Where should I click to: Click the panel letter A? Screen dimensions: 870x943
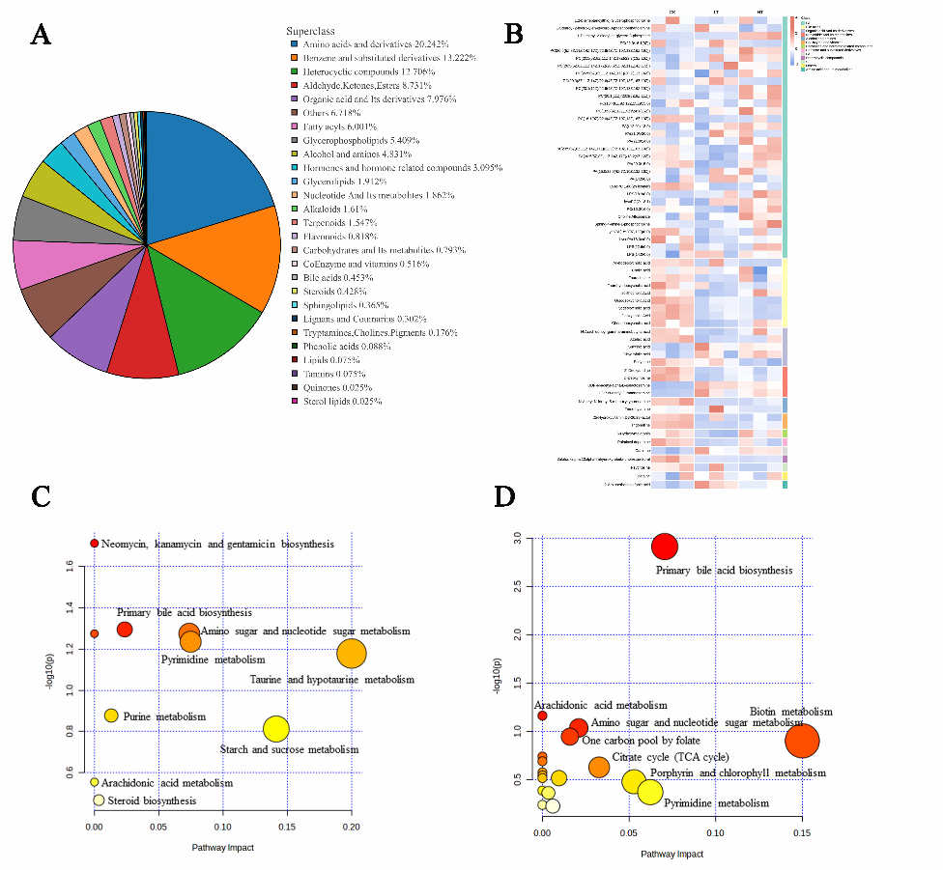(41, 36)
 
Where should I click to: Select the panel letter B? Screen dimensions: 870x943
(514, 35)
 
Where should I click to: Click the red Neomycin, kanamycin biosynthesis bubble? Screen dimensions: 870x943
(95, 544)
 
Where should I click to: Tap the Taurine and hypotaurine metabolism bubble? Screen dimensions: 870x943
(352, 654)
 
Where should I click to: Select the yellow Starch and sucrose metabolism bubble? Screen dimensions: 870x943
(276, 728)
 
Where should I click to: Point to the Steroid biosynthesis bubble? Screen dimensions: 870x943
(99, 800)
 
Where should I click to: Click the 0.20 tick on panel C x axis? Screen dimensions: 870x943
(352, 828)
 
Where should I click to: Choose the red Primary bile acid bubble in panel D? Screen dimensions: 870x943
(664, 547)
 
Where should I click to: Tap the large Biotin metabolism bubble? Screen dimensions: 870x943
(802, 741)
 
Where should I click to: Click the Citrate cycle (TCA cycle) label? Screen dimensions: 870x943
(671, 757)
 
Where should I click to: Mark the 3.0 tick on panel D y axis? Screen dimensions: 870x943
(517, 538)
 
